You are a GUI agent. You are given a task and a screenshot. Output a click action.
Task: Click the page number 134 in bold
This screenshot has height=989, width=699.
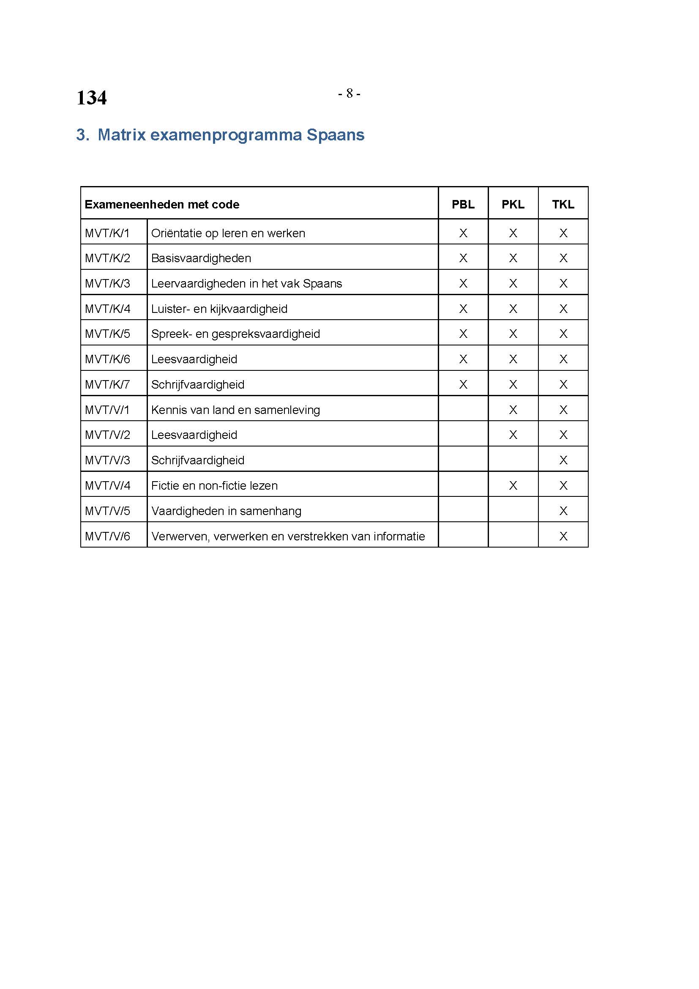[91, 98]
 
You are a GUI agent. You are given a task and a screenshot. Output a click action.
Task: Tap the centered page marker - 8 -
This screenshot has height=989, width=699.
[349, 93]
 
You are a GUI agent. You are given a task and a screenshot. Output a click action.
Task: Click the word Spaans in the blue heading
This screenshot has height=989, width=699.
[335, 135]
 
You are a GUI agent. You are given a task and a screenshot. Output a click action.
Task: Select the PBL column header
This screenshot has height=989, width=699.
[463, 204]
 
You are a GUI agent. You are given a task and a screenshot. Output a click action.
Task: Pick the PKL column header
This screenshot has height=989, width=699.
[513, 204]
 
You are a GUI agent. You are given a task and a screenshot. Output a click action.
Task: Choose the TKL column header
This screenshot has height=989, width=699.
[563, 204]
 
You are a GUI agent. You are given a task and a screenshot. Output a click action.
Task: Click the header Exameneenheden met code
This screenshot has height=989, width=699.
[162, 204]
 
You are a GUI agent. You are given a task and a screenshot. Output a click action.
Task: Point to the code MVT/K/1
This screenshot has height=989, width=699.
[107, 233]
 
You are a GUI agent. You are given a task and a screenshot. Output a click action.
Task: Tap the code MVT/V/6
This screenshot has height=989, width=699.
[107, 536]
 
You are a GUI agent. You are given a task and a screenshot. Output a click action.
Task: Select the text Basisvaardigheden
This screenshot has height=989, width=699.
[201, 258]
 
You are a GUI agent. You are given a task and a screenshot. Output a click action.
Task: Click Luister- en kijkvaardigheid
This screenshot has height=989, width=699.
[219, 309]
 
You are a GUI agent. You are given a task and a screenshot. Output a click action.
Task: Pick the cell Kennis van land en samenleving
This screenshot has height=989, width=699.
[235, 410]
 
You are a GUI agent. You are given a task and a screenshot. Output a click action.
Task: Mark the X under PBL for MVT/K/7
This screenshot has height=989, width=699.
[463, 384]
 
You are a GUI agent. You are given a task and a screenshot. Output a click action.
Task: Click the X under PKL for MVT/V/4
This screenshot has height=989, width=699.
[513, 485]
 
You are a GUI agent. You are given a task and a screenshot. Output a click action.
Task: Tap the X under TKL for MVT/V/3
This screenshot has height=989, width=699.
[563, 460]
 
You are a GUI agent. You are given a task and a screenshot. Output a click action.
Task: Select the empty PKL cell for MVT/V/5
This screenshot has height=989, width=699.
[513, 510]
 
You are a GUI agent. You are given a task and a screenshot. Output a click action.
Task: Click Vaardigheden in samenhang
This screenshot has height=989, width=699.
[226, 511]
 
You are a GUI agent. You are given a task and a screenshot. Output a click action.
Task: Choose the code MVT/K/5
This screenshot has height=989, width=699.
[107, 334]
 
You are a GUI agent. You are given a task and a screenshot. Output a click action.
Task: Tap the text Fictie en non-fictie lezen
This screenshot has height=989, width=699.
[214, 485]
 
